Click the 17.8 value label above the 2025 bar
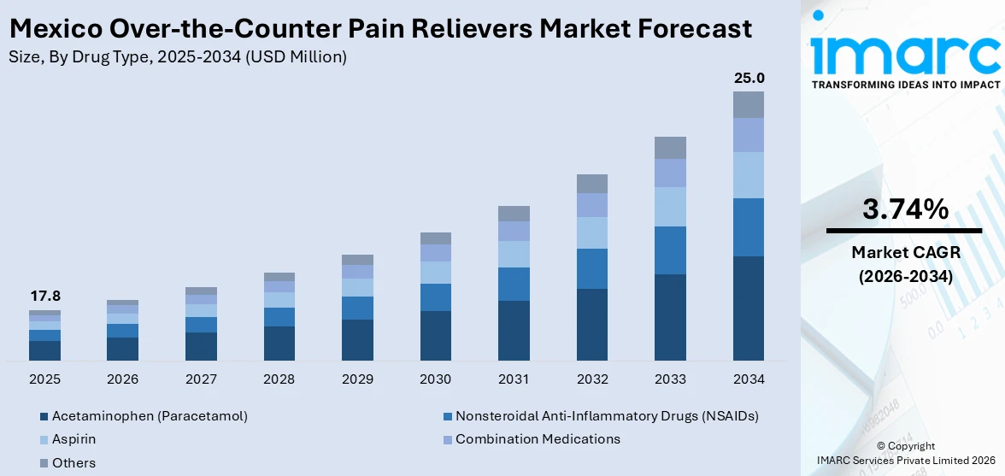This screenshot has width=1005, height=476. coord(44,297)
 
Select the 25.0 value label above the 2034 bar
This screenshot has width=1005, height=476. coord(749,79)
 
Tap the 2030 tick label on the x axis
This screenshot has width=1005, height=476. coord(436,379)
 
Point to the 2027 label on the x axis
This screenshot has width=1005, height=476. coord(201,379)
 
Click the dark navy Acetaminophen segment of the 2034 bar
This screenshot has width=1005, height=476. coord(749,308)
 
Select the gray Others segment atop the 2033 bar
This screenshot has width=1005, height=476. coord(670,148)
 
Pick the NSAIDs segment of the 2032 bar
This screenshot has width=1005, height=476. coord(592,268)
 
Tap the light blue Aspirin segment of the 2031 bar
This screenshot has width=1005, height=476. coord(514,254)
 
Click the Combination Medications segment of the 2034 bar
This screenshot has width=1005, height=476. coord(749,135)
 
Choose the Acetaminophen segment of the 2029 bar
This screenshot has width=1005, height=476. coord(357,340)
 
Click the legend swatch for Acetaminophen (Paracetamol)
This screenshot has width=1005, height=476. coord(44,416)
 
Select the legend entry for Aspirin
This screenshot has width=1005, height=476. coord(73,439)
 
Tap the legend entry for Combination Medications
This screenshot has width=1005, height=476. coord(537,439)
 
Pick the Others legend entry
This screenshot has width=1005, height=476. coord(73,462)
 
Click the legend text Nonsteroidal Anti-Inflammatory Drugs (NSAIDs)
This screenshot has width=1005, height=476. coord(607,416)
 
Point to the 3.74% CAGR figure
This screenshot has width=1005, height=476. coord(905,209)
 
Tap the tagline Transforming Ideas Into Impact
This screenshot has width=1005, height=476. coord(905,85)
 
